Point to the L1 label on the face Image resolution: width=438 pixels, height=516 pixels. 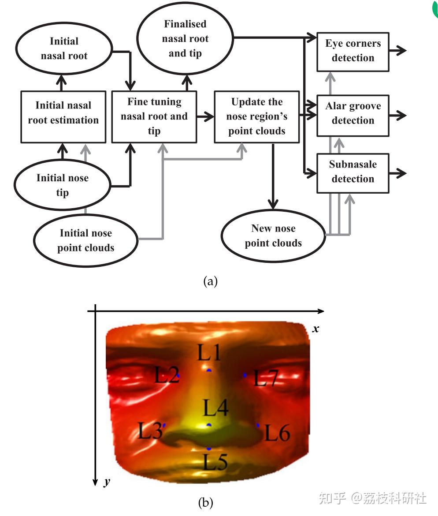209,352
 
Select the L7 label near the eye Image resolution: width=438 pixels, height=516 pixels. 266,378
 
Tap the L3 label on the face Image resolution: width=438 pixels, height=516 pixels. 150,430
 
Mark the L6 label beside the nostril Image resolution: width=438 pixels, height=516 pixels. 278,432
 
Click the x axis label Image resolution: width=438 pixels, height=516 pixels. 316,329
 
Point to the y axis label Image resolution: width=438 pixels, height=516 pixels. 107,482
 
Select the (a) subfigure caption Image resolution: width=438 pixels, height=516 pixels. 211,281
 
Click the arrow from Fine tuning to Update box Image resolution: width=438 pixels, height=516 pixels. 205,116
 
